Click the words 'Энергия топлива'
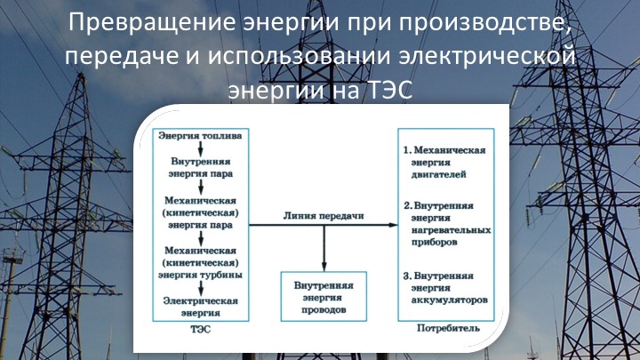click(200, 135)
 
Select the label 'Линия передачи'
click(324, 215)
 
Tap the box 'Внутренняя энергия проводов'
click(324, 296)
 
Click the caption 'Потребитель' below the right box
click(448, 328)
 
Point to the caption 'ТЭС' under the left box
click(200, 329)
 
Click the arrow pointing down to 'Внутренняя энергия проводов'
click(324, 248)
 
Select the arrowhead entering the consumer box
click(393, 225)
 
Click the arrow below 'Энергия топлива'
click(200, 149)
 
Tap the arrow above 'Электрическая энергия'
click(200, 288)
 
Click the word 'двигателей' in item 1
click(438, 175)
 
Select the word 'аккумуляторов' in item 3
click(450, 300)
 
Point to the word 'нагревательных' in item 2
click(451, 230)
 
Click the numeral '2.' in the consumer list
click(408, 205)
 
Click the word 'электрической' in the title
click(486, 55)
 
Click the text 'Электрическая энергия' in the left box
click(200, 307)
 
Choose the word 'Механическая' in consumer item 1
click(450, 150)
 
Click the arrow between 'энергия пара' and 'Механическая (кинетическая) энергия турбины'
click(200, 238)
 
